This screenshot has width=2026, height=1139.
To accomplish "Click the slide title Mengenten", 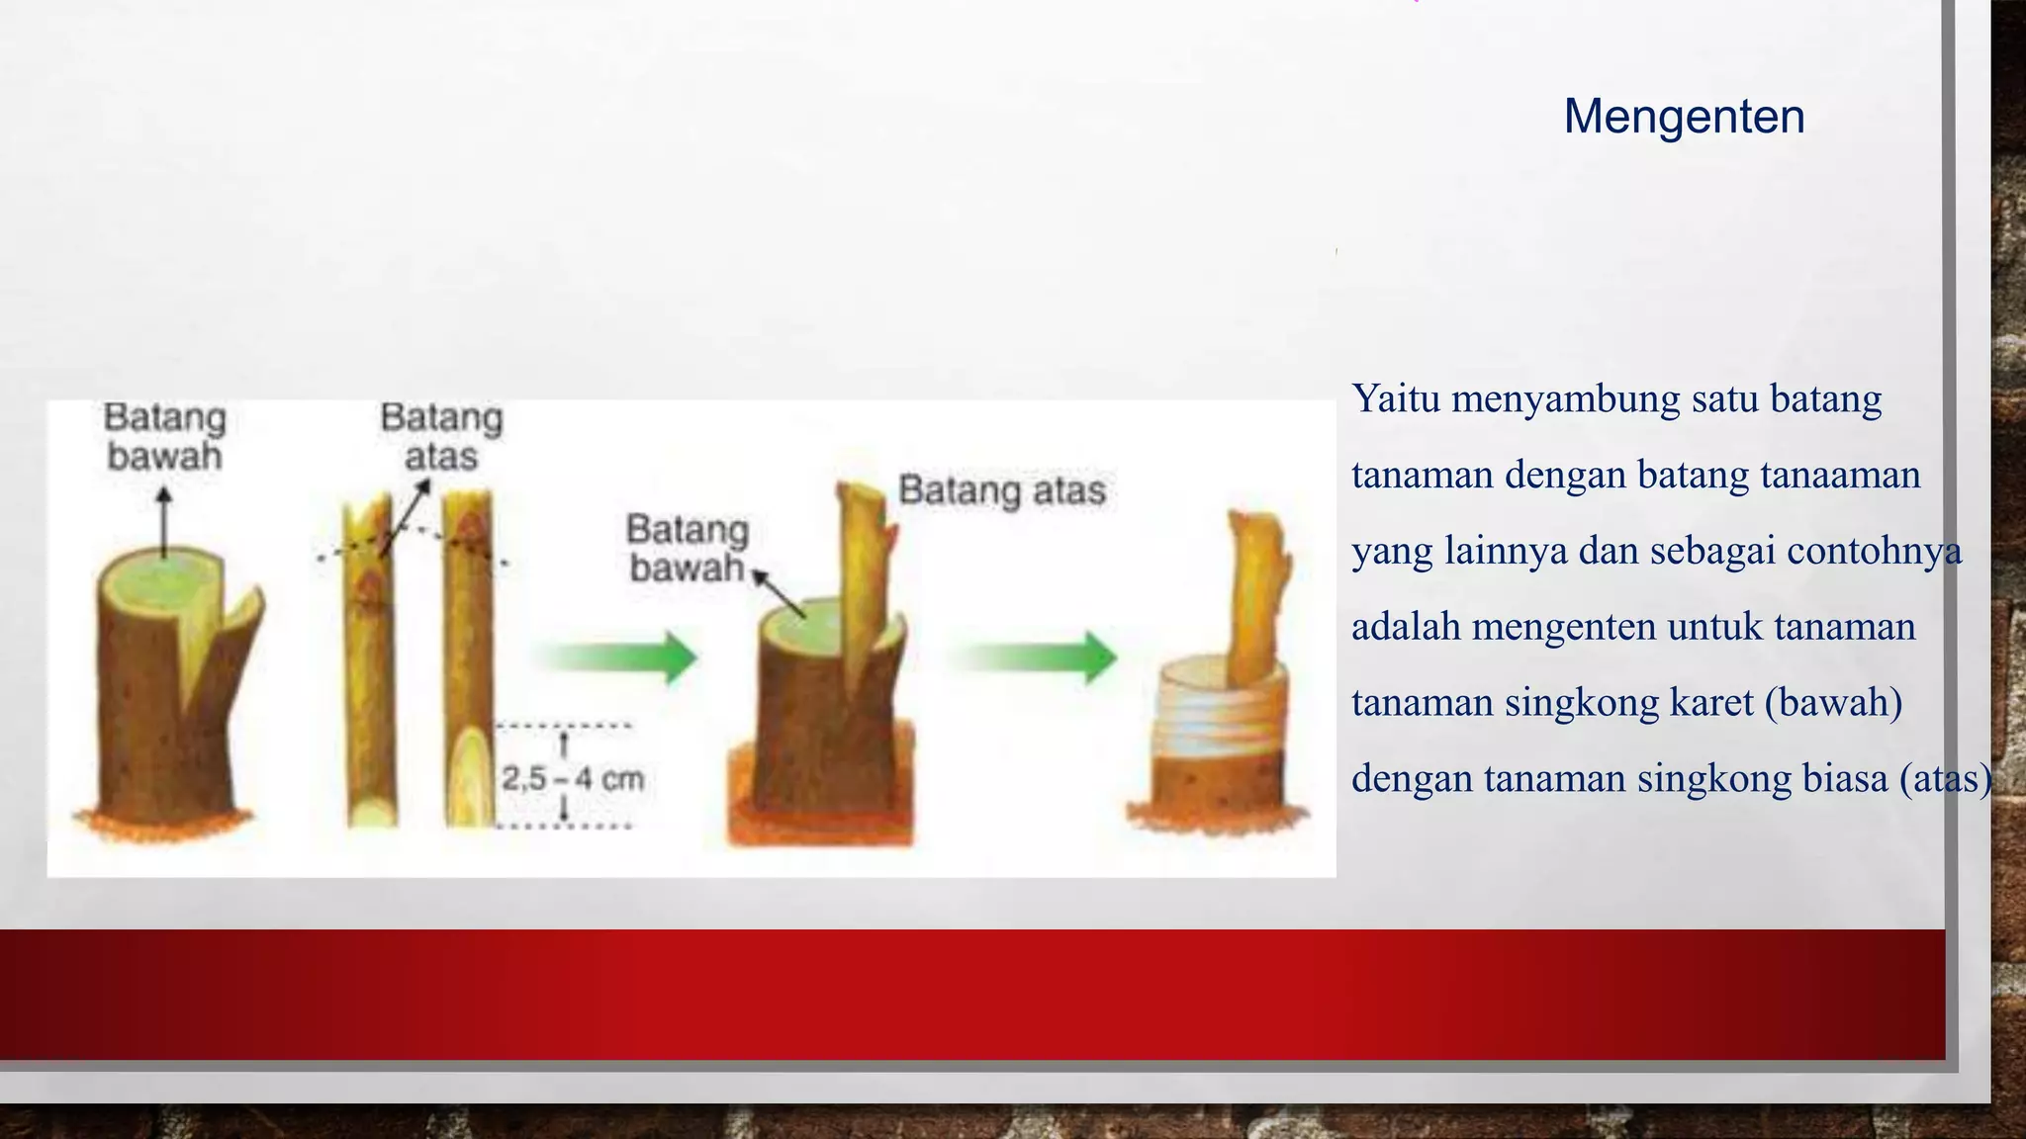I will coord(1684,117).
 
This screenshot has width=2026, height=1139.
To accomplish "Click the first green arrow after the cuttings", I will coord(618,657).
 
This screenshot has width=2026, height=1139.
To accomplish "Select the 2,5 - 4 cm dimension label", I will coord(572,779).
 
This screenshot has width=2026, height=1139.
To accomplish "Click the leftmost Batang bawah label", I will coord(164,437).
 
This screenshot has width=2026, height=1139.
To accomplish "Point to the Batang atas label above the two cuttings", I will coord(441,437).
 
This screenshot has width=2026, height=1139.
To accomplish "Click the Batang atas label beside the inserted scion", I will coord(1001,490).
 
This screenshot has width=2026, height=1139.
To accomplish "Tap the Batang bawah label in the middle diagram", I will coord(687,549).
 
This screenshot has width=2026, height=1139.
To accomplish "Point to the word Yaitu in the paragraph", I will coord(1395,399).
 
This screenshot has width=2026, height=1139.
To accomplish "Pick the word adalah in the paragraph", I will coord(1405,627).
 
